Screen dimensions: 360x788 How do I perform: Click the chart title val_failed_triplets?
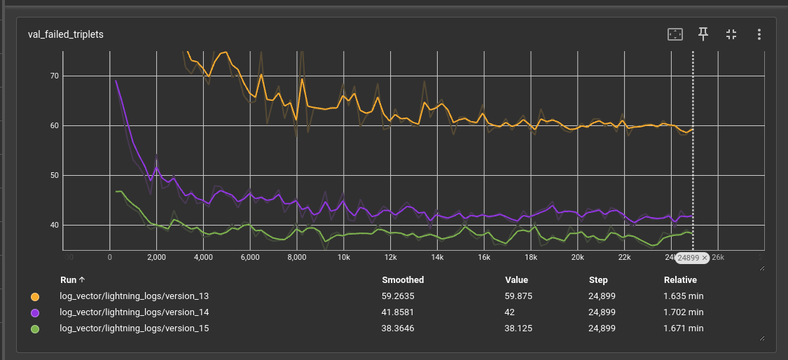click(x=66, y=34)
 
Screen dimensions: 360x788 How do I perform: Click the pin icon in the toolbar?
click(x=703, y=34)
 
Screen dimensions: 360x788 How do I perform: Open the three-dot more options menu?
click(x=759, y=34)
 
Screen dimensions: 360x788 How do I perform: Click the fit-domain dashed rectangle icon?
click(x=675, y=34)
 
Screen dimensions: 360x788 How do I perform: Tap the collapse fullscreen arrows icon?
click(x=731, y=34)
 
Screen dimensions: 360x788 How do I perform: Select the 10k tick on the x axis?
click(x=343, y=257)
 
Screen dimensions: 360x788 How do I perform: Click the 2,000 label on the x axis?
click(x=156, y=257)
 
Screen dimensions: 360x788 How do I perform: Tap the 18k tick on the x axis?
click(x=530, y=257)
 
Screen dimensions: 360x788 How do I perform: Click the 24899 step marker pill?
click(x=692, y=258)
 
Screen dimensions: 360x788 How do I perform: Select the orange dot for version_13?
click(x=35, y=296)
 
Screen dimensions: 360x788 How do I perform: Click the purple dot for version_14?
click(x=35, y=312)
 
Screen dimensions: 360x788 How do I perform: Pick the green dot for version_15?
click(x=35, y=328)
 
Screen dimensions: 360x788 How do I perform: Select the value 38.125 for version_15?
click(x=517, y=328)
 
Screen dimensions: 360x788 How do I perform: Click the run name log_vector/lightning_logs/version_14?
click(x=134, y=312)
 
